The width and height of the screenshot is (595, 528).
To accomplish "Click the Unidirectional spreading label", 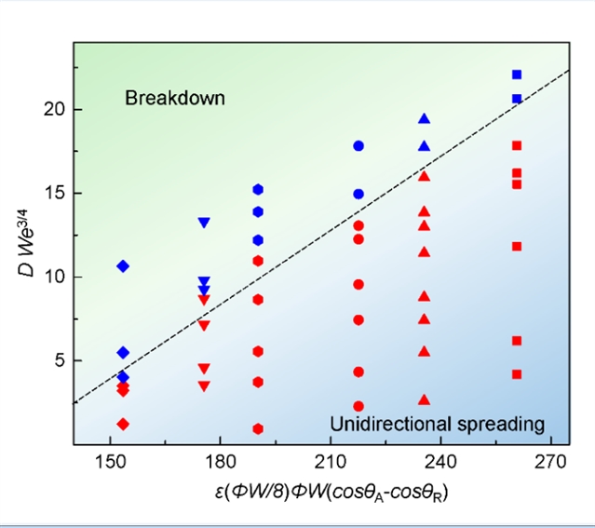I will pyautogui.click(x=437, y=425).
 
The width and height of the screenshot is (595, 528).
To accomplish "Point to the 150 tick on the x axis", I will pyautogui.click(x=111, y=461).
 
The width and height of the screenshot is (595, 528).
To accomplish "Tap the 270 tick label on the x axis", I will pyautogui.click(x=550, y=461).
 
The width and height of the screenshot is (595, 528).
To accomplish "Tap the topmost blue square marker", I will pyautogui.click(x=517, y=74).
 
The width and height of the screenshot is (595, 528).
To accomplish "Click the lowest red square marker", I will pyautogui.click(x=517, y=374).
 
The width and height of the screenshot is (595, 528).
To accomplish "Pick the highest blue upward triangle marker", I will pyautogui.click(x=425, y=118).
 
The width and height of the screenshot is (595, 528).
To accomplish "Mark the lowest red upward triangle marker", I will pyautogui.click(x=425, y=399).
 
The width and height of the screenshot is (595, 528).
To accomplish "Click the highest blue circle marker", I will pyautogui.click(x=358, y=146).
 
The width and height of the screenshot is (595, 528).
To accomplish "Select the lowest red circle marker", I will pyautogui.click(x=358, y=406).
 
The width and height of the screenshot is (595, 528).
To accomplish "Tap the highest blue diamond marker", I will pyautogui.click(x=123, y=266).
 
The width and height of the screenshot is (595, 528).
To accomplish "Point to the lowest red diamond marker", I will pyautogui.click(x=123, y=424).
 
